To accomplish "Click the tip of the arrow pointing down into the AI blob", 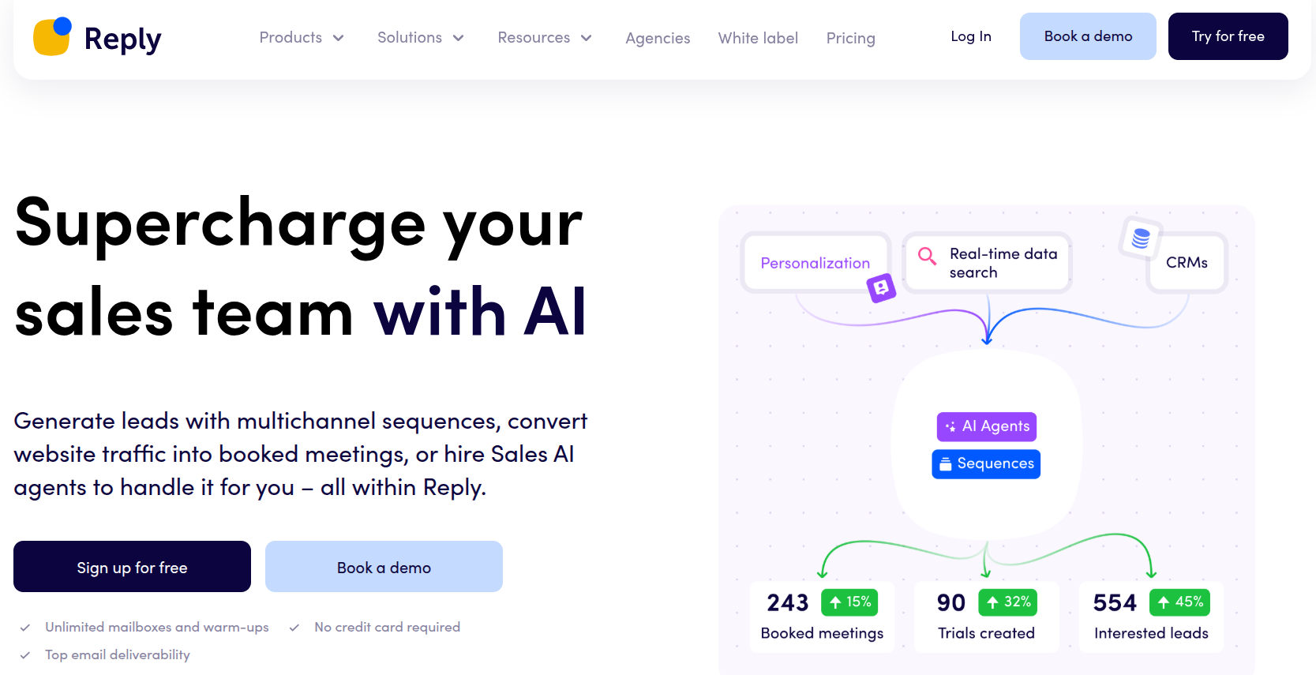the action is pyautogui.click(x=988, y=344).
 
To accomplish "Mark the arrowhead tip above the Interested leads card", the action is pyautogui.click(x=1152, y=578).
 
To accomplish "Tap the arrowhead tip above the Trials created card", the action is pyautogui.click(x=987, y=578).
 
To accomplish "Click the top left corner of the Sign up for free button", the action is pyautogui.click(x=14, y=541).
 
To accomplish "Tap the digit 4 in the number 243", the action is pyautogui.click(x=788, y=602).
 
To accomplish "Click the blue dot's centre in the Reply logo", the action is pyautogui.click(x=62, y=26).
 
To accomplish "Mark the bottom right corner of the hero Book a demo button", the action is pyautogui.click(x=502, y=591).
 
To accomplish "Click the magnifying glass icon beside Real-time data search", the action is pyautogui.click(x=927, y=256).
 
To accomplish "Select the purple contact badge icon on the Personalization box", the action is pyautogui.click(x=881, y=288).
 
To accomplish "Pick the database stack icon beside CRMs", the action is pyautogui.click(x=1140, y=238).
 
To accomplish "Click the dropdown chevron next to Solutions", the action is pyautogui.click(x=459, y=38).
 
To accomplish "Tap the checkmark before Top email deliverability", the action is pyautogui.click(x=24, y=655).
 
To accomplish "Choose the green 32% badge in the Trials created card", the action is pyautogui.click(x=1007, y=602).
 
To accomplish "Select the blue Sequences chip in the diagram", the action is pyautogui.click(x=986, y=464).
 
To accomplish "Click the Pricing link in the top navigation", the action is pyautogui.click(x=851, y=38).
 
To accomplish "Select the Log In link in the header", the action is pyautogui.click(x=970, y=36).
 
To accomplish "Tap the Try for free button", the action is pyautogui.click(x=1228, y=36).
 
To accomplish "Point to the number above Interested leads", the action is pyautogui.click(x=1115, y=602).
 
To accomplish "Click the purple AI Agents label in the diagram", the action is pyautogui.click(x=987, y=426).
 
